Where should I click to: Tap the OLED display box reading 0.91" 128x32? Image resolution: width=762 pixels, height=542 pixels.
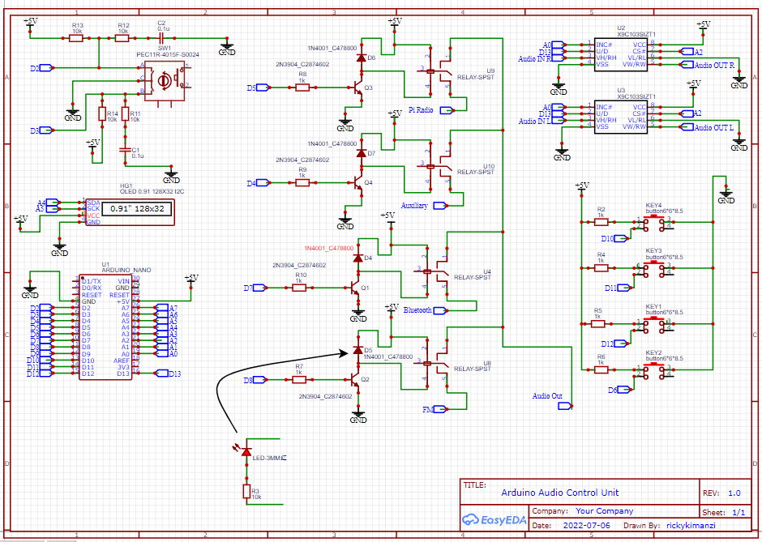point(137,209)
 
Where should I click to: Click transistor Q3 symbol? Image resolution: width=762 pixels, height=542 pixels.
point(358,87)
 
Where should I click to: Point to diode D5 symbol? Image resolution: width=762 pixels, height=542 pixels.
point(357,351)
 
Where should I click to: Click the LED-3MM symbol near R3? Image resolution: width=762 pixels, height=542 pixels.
point(246,450)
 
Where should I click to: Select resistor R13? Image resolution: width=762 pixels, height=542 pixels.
point(77,38)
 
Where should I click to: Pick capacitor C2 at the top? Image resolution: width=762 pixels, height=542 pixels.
point(162,37)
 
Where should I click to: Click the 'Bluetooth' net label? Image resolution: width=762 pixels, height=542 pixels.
point(417,310)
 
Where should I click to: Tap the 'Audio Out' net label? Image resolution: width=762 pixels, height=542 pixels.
point(546,396)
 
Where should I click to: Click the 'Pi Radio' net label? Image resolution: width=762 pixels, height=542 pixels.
point(421,109)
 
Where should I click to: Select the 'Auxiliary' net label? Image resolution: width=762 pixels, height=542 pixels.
point(414,206)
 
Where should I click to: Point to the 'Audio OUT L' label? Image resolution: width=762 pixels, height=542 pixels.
point(714,127)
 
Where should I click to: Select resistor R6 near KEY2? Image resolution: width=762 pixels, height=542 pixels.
point(601,369)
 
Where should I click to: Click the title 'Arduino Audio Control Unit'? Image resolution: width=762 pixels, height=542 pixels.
point(559,493)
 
